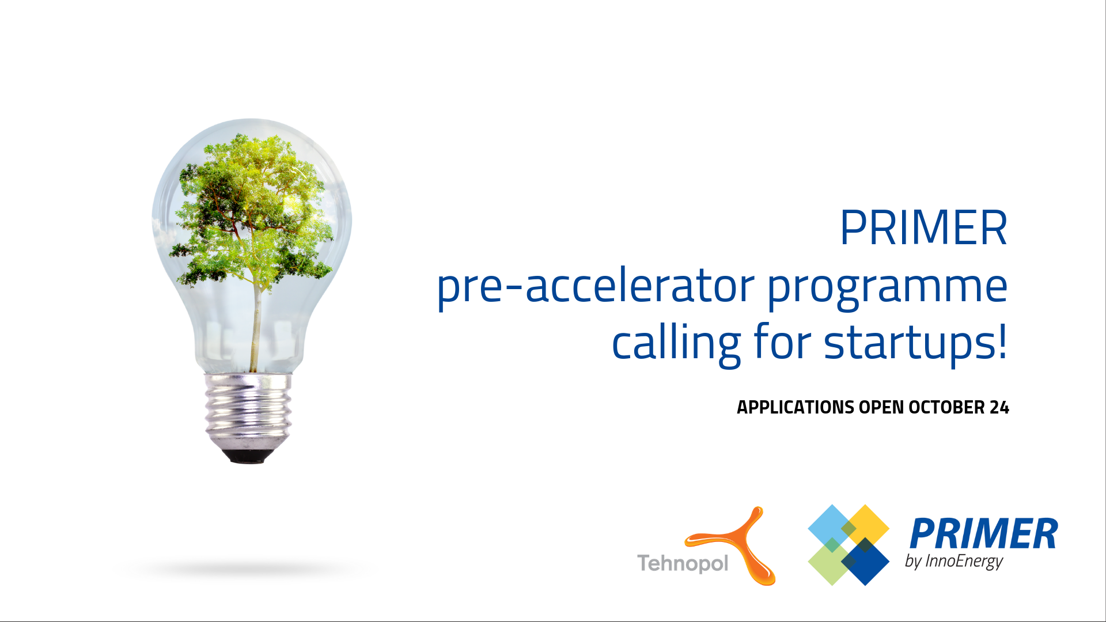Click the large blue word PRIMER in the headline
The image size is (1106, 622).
(923, 227)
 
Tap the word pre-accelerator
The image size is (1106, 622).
(596, 286)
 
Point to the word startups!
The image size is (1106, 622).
(916, 344)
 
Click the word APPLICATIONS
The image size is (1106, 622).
(796, 407)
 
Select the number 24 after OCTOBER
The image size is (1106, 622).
(999, 407)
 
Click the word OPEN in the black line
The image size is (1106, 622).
(881, 407)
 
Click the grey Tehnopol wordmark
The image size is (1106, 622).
(683, 563)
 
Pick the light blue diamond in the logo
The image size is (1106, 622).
(831, 527)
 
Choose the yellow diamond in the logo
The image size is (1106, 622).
(866, 527)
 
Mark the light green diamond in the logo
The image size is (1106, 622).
(831, 562)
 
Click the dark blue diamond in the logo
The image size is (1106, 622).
(866, 562)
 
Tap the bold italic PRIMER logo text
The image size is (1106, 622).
(983, 534)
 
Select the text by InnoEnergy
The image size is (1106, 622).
(954, 562)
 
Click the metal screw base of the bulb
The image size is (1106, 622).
(248, 411)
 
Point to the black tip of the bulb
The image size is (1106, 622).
(248, 457)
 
